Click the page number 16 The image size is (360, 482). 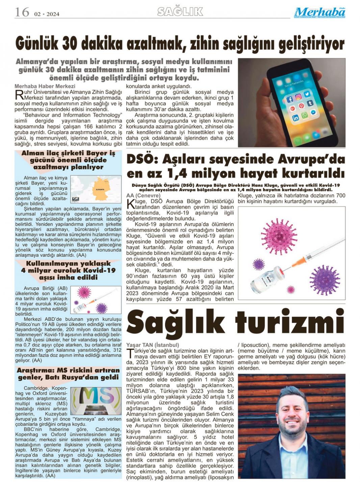pyautogui.click(x=22, y=12)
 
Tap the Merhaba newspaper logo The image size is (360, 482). pyautogui.click(x=319, y=13)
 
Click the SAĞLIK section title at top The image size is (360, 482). pyautogui.click(x=180, y=12)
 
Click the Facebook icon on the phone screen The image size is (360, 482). pyautogui.click(x=289, y=99)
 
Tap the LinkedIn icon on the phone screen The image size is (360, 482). pyautogui.click(x=295, y=118)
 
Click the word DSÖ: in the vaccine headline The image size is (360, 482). pyautogui.click(x=142, y=159)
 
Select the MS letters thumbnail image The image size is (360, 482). pyautogui.click(x=96, y=401)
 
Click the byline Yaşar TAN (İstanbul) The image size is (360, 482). pyautogui.click(x=152, y=345)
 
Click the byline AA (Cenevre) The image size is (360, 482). pyautogui.click(x=143, y=195)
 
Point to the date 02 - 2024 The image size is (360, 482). pyautogui.click(x=47, y=14)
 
